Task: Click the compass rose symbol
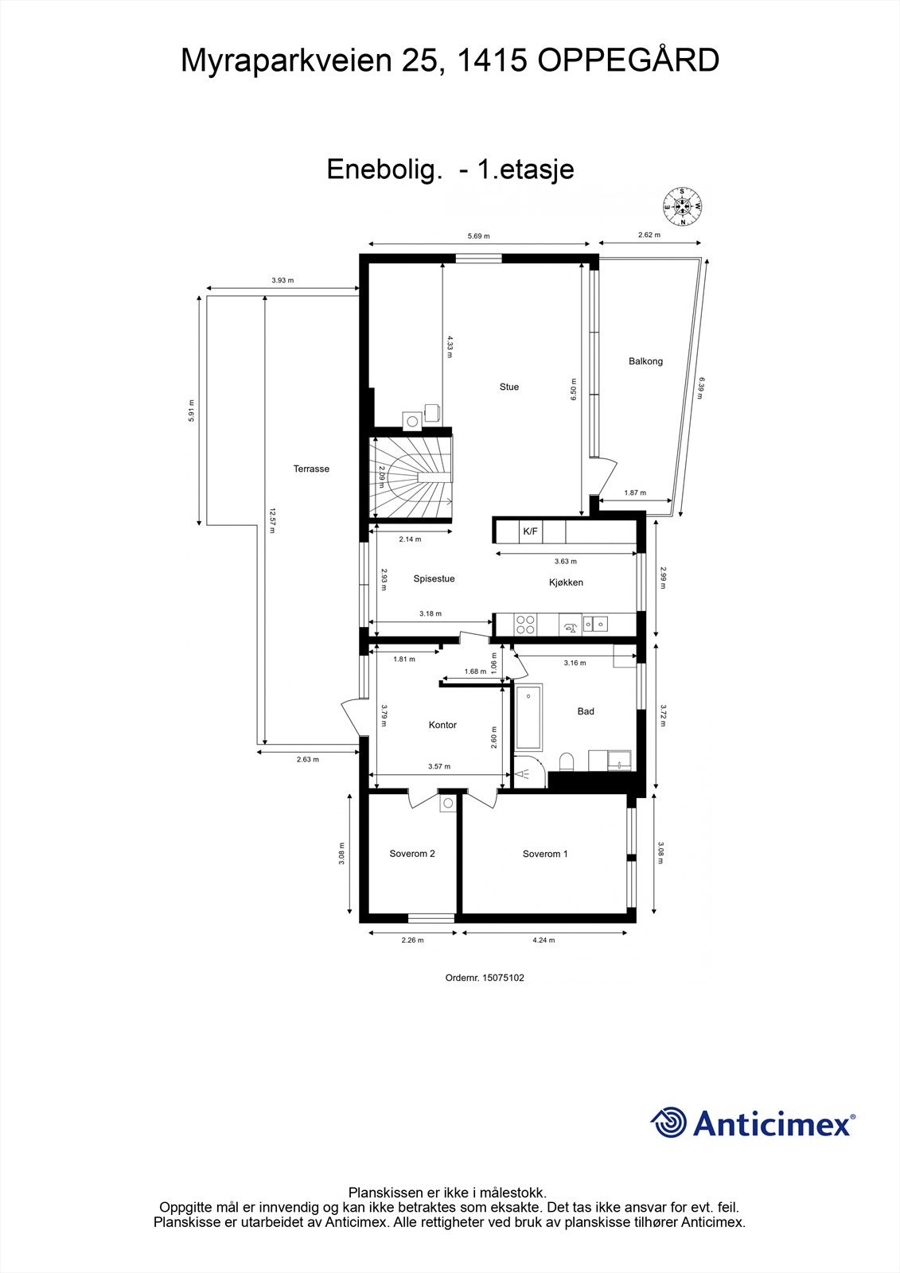tap(682, 207)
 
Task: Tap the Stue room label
tap(509, 387)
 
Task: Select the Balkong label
tap(645, 361)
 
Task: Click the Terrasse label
tap(311, 469)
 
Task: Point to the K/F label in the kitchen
tap(530, 531)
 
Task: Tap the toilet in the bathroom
tap(567, 763)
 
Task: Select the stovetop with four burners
tap(525, 624)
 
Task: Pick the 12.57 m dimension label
tap(272, 520)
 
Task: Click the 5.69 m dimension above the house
tap(478, 236)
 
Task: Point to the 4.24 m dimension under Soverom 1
tap(544, 940)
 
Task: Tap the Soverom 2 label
tap(412, 855)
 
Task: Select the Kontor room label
tap(442, 726)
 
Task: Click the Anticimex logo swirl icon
tap(669, 1123)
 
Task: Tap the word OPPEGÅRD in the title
tap(629, 60)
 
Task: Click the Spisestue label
tap(434, 579)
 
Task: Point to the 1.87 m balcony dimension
tap(635, 493)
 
